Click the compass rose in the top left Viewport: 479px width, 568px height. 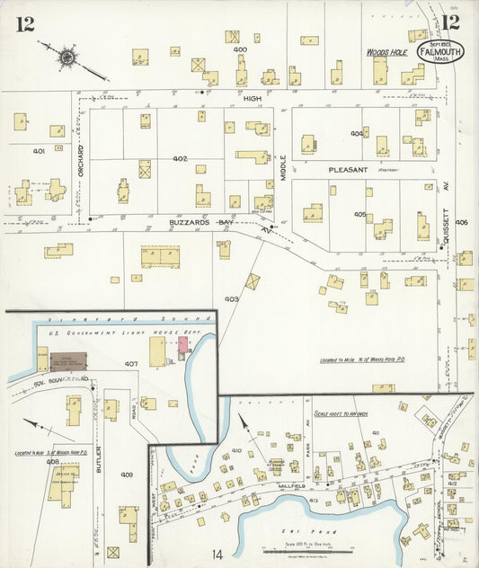pyautogui.click(x=67, y=58)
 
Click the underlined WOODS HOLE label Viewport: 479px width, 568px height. pyautogui.click(x=387, y=53)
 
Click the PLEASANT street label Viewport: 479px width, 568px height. pyautogui.click(x=348, y=169)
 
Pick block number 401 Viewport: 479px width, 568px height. pyautogui.click(x=39, y=151)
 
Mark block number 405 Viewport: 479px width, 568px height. pyautogui.click(x=359, y=214)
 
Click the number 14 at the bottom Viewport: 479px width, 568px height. pyautogui.click(x=217, y=554)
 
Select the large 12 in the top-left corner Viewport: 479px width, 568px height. pyautogui.click(x=24, y=23)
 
